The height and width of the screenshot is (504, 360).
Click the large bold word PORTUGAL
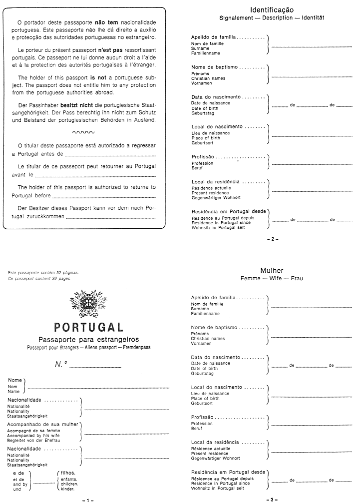89,327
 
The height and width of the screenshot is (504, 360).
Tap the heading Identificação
272,10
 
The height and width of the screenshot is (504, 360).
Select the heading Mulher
272,270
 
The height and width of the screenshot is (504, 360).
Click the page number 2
273,239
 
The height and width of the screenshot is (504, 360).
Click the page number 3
272,500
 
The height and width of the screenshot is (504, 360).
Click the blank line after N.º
95,367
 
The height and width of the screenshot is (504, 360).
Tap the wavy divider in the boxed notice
83,132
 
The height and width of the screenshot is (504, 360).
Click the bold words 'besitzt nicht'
77,106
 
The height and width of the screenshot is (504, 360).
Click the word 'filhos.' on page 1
67,472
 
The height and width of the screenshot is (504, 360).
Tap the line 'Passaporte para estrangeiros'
89,340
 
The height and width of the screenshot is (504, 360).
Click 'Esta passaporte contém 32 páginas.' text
43,273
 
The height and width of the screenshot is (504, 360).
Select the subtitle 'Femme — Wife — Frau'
272,278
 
